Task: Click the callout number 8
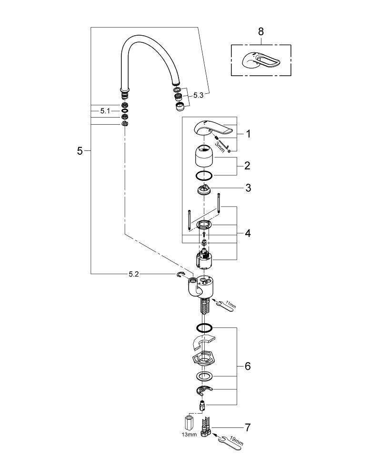(260, 32)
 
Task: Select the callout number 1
(248, 134)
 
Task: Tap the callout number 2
(248, 166)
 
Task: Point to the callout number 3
(248, 188)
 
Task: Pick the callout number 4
(248, 233)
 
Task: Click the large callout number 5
(80, 151)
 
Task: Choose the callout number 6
(248, 367)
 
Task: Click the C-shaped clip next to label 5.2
(180, 275)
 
